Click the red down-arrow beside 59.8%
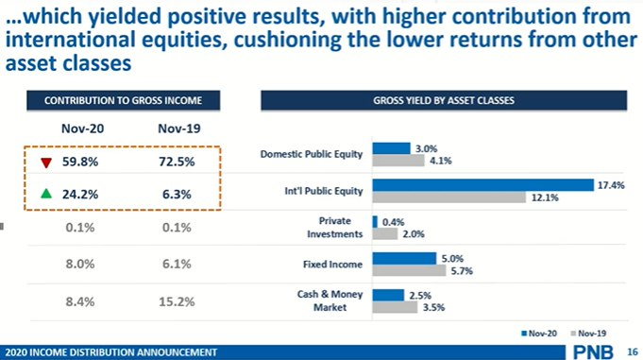click(x=45, y=163)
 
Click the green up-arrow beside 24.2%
click(x=45, y=195)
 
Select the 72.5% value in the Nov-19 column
click(x=177, y=163)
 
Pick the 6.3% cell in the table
click(x=177, y=195)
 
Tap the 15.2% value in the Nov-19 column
click(x=177, y=302)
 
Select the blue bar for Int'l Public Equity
click(x=482, y=185)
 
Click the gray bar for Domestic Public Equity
click(x=398, y=161)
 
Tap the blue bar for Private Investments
click(x=375, y=221)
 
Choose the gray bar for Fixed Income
click(x=409, y=270)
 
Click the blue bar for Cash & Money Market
click(x=388, y=295)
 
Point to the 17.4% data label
click(x=611, y=185)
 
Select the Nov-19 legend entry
click(x=585, y=334)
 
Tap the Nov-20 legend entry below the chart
click(x=535, y=334)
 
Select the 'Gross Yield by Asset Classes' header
click(x=444, y=100)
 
